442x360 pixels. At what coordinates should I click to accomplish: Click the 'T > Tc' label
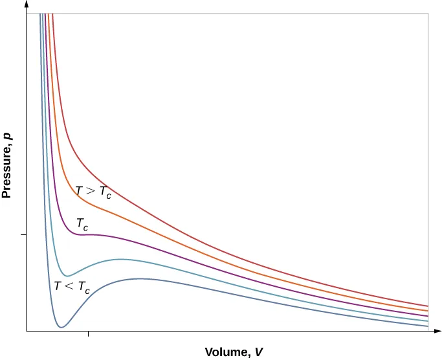coord(93,192)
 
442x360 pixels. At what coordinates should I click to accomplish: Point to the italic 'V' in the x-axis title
coord(259,353)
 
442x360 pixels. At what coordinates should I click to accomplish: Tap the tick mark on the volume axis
coord(88,333)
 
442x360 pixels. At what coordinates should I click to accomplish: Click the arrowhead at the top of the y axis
coord(27,5)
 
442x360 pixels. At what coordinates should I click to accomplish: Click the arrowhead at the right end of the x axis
coord(437,331)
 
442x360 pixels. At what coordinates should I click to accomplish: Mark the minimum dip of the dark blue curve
coord(60,327)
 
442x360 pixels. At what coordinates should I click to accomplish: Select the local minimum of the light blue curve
coord(71,275)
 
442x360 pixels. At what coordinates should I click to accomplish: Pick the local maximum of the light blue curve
coord(120,260)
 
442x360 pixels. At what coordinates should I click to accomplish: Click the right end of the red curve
coord(428,306)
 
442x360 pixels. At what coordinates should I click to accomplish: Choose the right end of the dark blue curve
coord(428,326)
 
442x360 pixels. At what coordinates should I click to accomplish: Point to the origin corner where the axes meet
coord(27,331)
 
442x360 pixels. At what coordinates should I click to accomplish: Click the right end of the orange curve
coord(428,311)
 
